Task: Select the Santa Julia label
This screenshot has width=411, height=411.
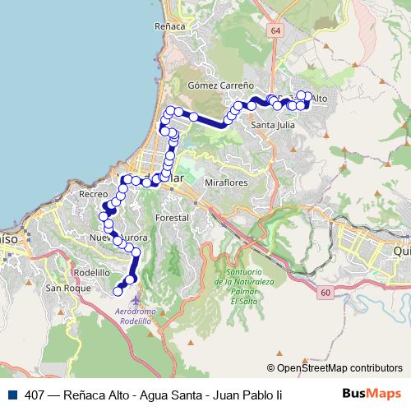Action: [x=274, y=125]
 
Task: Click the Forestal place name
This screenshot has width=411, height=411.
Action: [x=172, y=218]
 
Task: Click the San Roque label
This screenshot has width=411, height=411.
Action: [x=65, y=288]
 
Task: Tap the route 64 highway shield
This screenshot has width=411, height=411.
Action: [x=274, y=30]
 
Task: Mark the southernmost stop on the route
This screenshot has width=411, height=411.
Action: [x=118, y=289]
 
